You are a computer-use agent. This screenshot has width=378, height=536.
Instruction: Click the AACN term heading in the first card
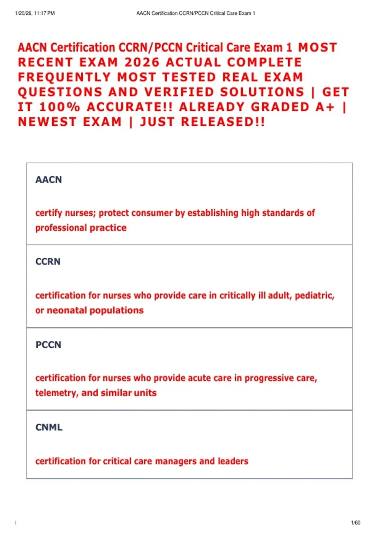pos(49,180)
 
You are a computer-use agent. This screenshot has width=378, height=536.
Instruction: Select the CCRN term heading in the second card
pos(48,262)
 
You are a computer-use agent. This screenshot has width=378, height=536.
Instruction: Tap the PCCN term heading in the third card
pos(48,345)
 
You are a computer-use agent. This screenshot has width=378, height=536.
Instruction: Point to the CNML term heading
pos(49,427)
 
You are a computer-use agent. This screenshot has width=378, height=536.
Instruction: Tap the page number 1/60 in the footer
pos(355,523)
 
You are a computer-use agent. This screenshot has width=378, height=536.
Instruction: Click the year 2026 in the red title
pos(142,62)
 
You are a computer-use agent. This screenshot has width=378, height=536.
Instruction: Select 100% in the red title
pos(60,107)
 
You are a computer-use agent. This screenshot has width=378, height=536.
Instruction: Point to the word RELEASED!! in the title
pos(223,122)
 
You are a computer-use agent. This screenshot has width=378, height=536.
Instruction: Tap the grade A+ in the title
pos(325,107)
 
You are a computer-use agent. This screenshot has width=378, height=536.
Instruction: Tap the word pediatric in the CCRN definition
pos(314,296)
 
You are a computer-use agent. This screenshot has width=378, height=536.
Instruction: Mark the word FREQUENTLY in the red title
pos(64,77)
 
